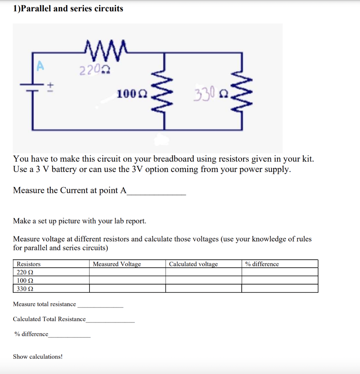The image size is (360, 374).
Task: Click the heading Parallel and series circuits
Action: coord(68,9)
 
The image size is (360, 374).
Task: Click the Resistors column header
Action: coord(29,264)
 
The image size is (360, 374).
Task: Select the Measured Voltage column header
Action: coord(117,264)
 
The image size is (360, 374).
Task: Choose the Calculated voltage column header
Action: coord(193,264)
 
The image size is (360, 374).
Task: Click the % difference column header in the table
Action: coord(262,264)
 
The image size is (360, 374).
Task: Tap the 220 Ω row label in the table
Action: coord(26,272)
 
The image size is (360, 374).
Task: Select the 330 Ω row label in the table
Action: coord(26,289)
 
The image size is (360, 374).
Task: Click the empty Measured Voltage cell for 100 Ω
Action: coord(127,280)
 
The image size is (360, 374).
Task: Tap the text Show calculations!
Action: coord(38,356)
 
